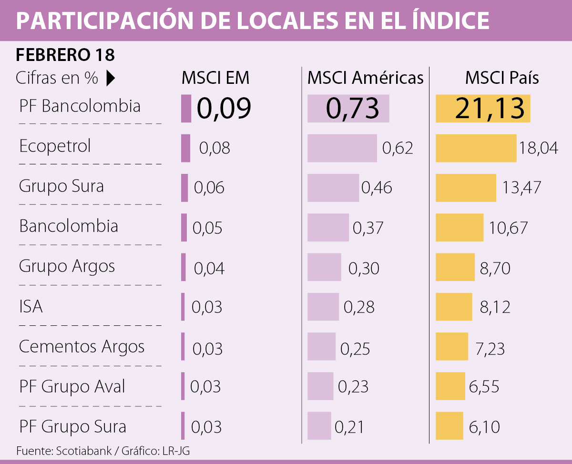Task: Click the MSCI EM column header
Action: (x=215, y=78)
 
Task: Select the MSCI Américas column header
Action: (x=365, y=78)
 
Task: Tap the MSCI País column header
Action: (x=502, y=78)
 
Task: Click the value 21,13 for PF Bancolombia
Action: (x=483, y=109)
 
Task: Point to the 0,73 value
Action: (x=352, y=109)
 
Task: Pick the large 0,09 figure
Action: (x=224, y=109)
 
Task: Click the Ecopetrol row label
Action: (x=55, y=146)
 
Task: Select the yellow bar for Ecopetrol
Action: (x=476, y=148)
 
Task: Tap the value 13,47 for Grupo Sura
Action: (x=521, y=188)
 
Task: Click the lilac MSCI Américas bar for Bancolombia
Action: (x=328, y=228)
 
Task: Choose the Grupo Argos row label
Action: (x=67, y=266)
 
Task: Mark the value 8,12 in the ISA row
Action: (x=495, y=307)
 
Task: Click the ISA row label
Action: (x=31, y=306)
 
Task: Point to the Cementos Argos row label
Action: (x=82, y=346)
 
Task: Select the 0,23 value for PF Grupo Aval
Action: (x=353, y=387)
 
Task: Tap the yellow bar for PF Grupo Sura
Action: (x=449, y=426)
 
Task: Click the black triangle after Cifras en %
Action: (x=111, y=78)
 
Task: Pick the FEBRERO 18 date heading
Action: (x=65, y=55)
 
